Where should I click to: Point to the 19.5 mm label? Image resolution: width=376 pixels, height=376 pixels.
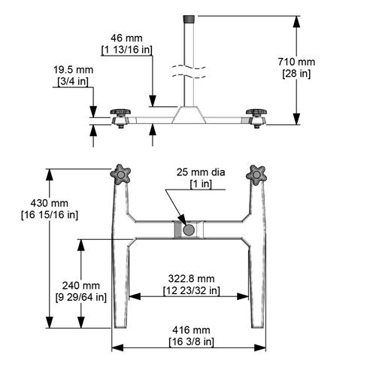pyautogui.click(x=74, y=69)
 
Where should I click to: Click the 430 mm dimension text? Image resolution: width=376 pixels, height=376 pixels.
pyautogui.click(x=50, y=203)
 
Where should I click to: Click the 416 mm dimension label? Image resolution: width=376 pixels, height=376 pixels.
pyautogui.click(x=191, y=330)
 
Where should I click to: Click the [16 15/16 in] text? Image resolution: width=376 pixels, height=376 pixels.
pyautogui.click(x=50, y=214)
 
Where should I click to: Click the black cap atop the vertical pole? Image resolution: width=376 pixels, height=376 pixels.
pyautogui.click(x=190, y=17)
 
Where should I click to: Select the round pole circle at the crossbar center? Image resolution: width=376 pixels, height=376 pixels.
pyautogui.click(x=190, y=229)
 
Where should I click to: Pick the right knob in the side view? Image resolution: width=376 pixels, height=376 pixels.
pyautogui.click(x=256, y=114)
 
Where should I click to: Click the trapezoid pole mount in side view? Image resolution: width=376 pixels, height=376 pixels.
pyautogui.click(x=190, y=115)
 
